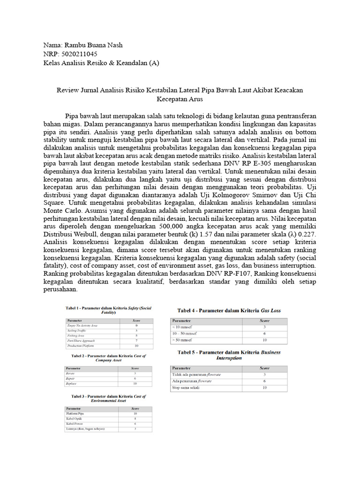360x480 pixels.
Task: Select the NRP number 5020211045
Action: tap(77, 54)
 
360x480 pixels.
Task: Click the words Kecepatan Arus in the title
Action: tap(180, 99)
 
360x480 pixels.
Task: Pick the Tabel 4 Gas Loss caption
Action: tap(229, 310)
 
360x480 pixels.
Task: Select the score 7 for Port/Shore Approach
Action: tap(136, 340)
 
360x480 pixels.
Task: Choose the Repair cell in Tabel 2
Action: tap(72, 378)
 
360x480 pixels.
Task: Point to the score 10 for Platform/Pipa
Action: tap(135, 413)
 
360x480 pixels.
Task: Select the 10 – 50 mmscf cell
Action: tap(185, 333)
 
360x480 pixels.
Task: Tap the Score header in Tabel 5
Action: tap(264, 368)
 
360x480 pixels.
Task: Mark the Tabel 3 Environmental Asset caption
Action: tap(108, 398)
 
